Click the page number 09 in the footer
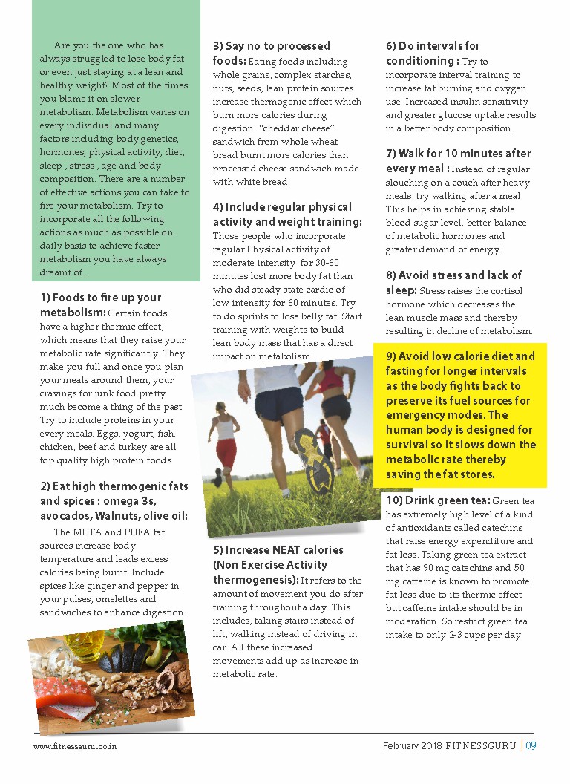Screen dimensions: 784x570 (x=531, y=746)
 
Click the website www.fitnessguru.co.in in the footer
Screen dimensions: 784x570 (x=74, y=746)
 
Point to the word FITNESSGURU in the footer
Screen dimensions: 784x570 (x=480, y=746)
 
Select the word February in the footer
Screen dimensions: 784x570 (x=401, y=746)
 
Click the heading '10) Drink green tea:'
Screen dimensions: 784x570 (x=438, y=500)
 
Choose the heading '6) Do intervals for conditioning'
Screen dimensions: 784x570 (x=433, y=53)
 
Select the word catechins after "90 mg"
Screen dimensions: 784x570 (x=471, y=568)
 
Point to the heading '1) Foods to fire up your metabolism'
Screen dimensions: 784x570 (x=100, y=304)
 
